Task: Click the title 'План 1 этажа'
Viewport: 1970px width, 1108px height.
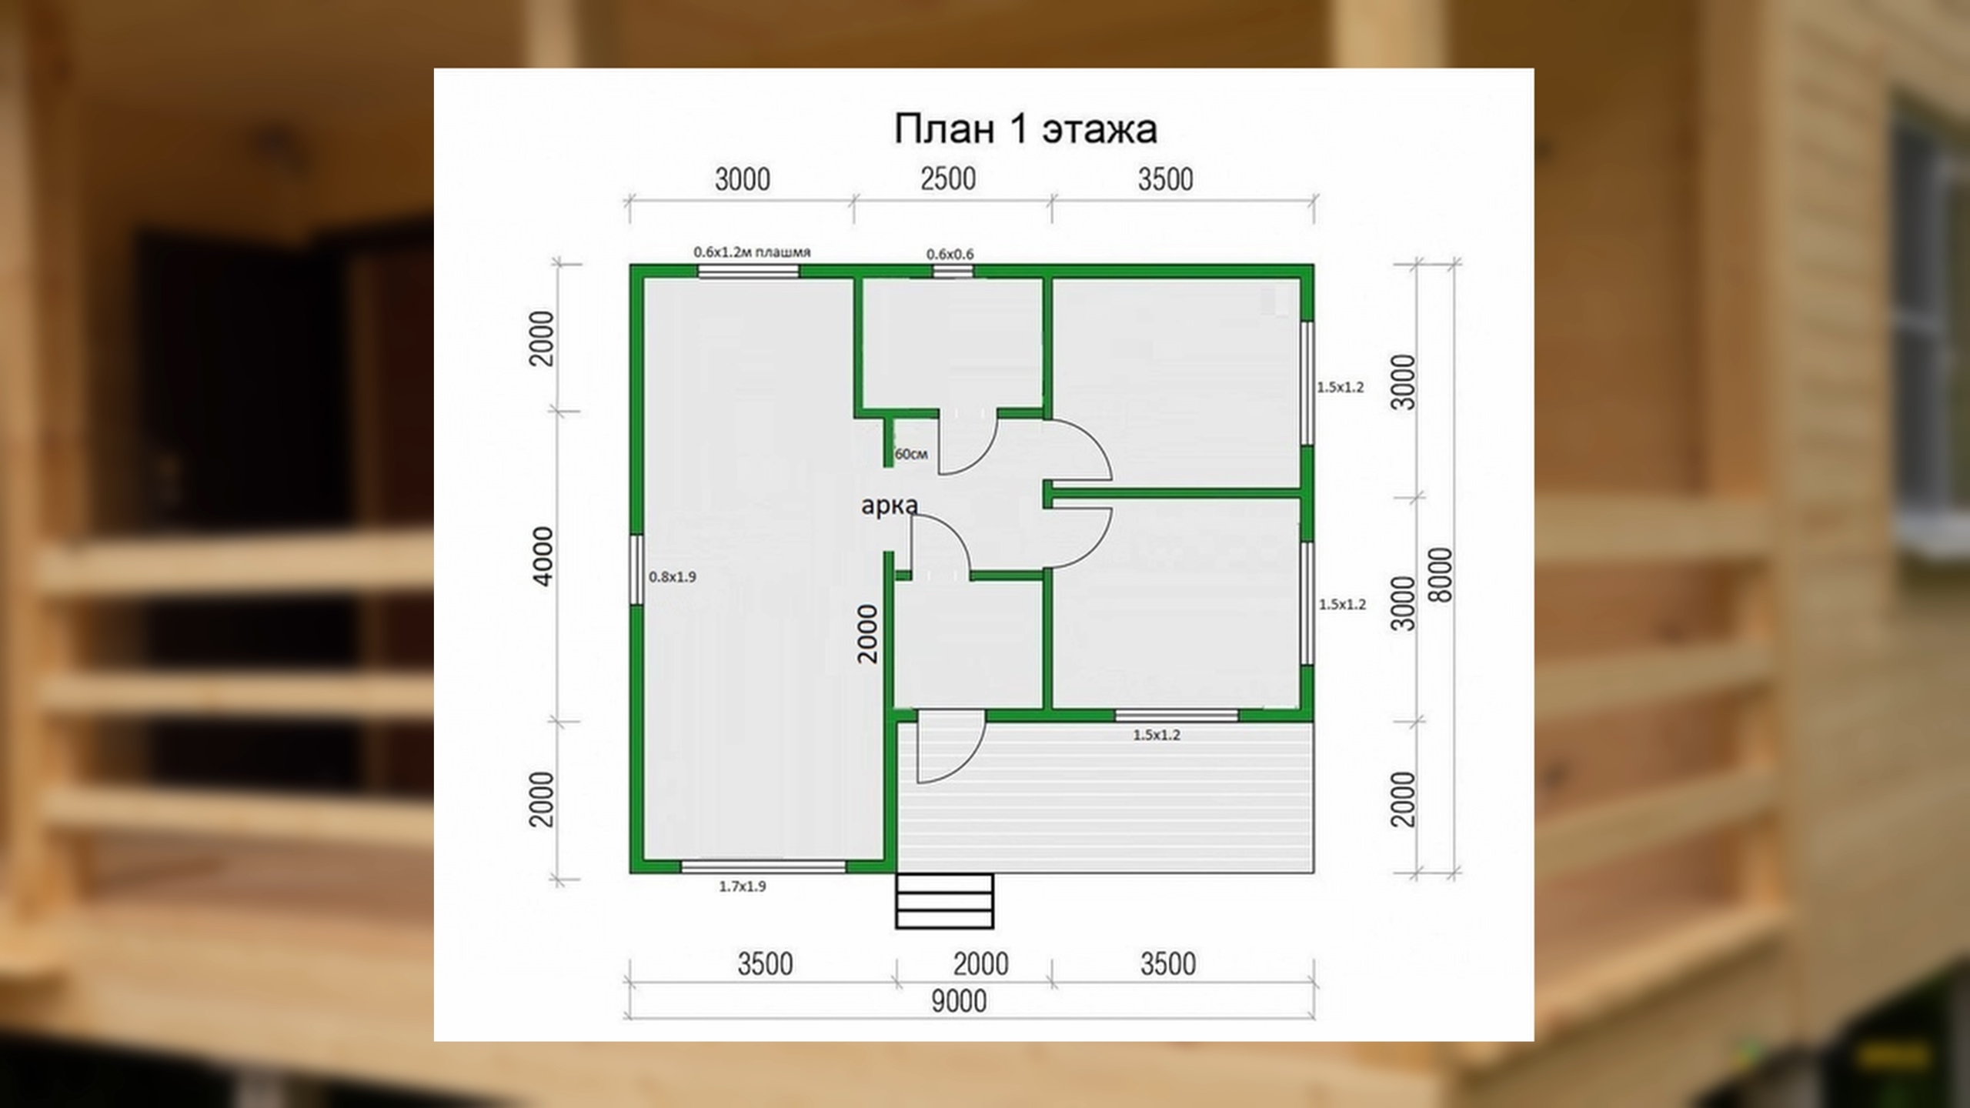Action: pyautogui.click(x=1025, y=128)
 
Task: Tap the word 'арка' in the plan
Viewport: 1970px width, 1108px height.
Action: pyautogui.click(x=890, y=506)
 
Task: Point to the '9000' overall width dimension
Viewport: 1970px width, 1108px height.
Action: pyautogui.click(x=959, y=1001)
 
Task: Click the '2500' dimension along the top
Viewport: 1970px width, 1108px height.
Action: pyautogui.click(x=948, y=179)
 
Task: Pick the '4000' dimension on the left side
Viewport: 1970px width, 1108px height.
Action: pyautogui.click(x=543, y=556)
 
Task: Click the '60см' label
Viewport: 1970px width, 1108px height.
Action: pyautogui.click(x=911, y=454)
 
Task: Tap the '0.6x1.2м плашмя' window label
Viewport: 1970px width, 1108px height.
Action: pyautogui.click(x=752, y=252)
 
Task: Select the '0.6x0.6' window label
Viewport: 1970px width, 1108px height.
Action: pyautogui.click(x=950, y=253)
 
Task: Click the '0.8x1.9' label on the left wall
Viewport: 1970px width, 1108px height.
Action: pyautogui.click(x=673, y=576)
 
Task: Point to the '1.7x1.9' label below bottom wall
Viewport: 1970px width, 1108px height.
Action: pyautogui.click(x=743, y=886)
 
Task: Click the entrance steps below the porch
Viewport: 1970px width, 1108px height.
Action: pyautogui.click(x=944, y=900)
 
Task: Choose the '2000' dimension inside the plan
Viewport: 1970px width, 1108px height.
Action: pyautogui.click(x=867, y=633)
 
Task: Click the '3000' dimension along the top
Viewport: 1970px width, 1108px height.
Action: pyautogui.click(x=743, y=179)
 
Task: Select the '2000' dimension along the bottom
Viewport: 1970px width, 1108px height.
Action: pyautogui.click(x=980, y=964)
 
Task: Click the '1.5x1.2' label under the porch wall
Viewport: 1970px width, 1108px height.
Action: pyautogui.click(x=1157, y=735)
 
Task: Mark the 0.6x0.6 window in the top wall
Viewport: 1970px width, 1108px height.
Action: pyautogui.click(x=953, y=271)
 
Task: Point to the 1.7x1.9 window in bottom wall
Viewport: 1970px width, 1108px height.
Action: pyautogui.click(x=763, y=866)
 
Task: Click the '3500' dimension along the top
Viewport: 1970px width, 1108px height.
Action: pyautogui.click(x=1166, y=179)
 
